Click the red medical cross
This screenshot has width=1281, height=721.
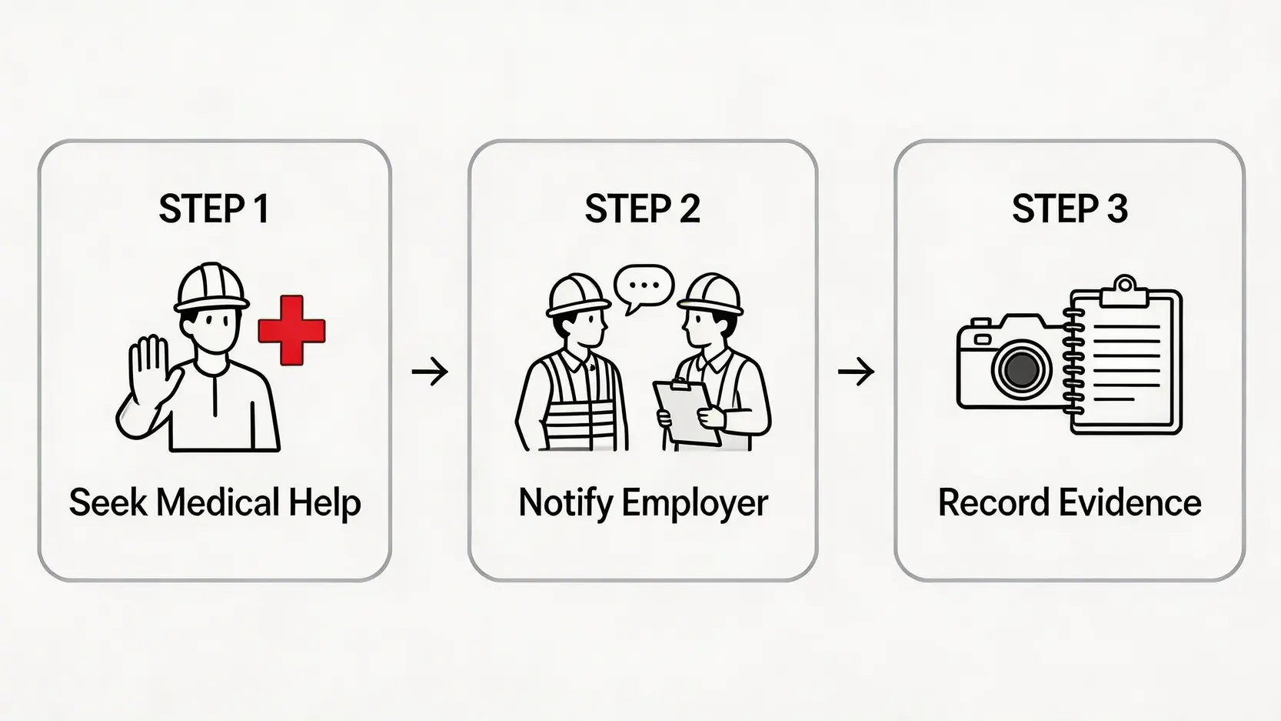[x=291, y=329]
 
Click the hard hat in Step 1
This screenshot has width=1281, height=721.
[x=212, y=287]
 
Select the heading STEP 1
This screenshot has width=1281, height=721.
[x=214, y=209]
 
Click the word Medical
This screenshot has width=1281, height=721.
[x=218, y=503]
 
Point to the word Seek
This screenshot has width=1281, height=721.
[x=107, y=503]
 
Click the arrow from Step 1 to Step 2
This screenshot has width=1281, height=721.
[x=430, y=372]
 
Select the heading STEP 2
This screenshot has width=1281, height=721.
[x=642, y=209]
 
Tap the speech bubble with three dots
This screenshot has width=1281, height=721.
[x=644, y=286]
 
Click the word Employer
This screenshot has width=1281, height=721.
[x=694, y=503]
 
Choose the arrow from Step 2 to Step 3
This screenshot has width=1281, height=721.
[x=856, y=372]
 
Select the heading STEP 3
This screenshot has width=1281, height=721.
[x=1070, y=209]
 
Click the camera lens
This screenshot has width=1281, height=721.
[x=1020, y=369]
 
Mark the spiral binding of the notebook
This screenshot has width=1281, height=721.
[x=1073, y=362]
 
